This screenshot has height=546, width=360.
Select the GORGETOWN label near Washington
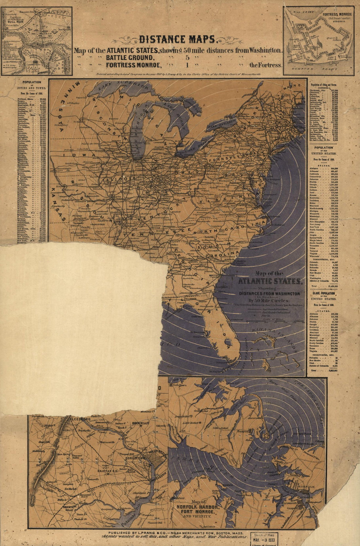tap(136, 458)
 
